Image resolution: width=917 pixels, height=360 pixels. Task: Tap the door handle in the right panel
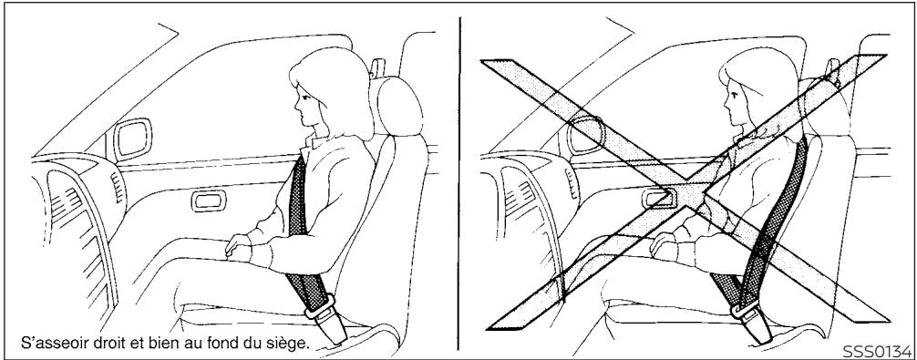click(x=658, y=195)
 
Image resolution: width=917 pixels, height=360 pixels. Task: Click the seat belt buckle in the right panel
click(x=771, y=315)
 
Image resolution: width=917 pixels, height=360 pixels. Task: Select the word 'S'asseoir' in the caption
click(x=42, y=343)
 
